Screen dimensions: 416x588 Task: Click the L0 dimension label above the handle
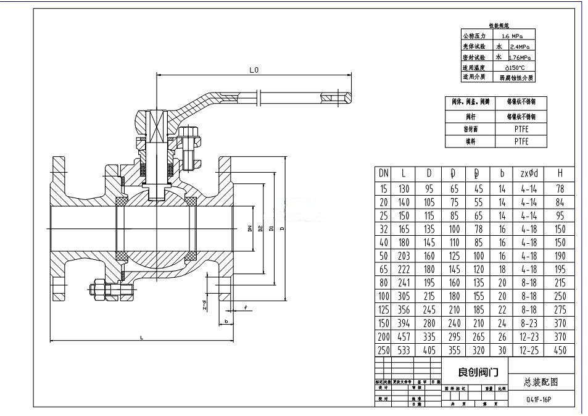[x=254, y=70]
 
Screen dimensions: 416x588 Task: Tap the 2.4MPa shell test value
[x=522, y=46]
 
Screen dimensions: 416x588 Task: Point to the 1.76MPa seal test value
[x=522, y=57]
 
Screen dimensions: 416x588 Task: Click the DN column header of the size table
[x=383, y=173]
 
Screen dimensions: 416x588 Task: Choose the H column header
[x=560, y=173]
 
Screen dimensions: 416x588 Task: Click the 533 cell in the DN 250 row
[x=404, y=351]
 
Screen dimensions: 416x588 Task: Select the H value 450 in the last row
[x=560, y=351]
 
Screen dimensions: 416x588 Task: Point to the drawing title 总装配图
[x=540, y=382]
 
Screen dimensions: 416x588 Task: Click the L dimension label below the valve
[x=141, y=337]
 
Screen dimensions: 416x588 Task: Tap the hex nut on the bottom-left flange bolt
[x=98, y=288]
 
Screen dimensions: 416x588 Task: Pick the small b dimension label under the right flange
[x=226, y=322]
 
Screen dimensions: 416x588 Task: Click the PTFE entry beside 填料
[x=521, y=141]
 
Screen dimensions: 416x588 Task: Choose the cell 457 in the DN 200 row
[x=404, y=336]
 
